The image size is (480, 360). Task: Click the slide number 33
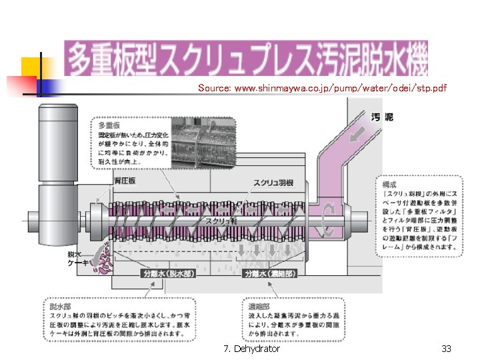pos(446,349)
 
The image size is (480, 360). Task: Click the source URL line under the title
pos(322,88)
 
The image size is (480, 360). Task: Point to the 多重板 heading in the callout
pos(109,125)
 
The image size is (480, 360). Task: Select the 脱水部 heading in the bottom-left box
pos(59,306)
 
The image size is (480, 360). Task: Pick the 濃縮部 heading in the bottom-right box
pos(257,306)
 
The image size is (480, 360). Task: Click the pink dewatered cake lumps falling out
pos(103,261)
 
